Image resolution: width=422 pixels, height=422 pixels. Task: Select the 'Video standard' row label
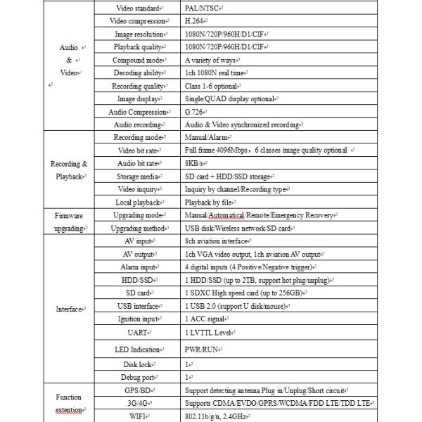[x=138, y=8]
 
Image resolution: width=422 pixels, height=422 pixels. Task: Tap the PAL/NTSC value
[x=203, y=8]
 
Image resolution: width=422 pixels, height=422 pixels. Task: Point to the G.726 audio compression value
[x=195, y=112]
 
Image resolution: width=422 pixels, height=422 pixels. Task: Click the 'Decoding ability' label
[x=138, y=73]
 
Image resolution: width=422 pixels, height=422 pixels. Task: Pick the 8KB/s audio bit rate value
[x=196, y=164]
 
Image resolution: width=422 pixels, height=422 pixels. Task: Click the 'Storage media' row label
[x=138, y=177]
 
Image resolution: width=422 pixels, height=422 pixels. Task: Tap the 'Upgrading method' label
[x=138, y=229]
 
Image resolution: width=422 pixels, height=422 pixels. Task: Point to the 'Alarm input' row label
[x=138, y=267]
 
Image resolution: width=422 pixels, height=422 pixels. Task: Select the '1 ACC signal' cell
[x=209, y=319]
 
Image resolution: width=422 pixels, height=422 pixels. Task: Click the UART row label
[x=138, y=331]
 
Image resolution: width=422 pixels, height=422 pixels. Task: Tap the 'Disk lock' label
[x=138, y=365]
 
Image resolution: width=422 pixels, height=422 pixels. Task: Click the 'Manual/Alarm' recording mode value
[x=207, y=138]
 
